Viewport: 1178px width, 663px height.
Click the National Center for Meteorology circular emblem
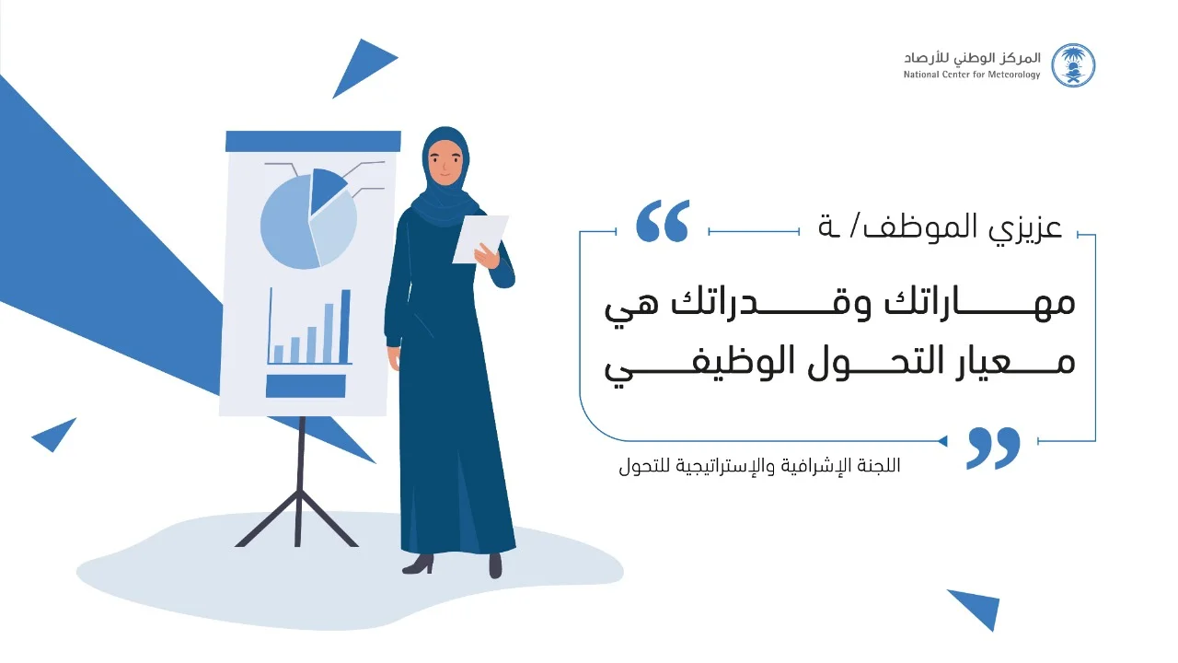tap(1073, 65)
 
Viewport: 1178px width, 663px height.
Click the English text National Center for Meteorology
tap(972, 75)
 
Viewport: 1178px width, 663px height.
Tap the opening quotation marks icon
tap(662, 220)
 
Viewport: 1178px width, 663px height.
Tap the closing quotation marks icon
tap(993, 448)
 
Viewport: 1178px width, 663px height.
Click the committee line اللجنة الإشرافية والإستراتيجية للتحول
tap(759, 466)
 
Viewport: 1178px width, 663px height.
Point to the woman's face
tap(445, 161)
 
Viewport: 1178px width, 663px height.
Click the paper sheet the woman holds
tap(480, 238)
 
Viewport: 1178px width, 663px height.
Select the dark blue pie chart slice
tap(325, 190)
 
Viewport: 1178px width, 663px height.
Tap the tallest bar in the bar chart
tap(345, 326)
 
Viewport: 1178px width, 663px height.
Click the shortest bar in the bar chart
tap(279, 355)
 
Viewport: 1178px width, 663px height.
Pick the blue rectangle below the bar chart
tap(306, 386)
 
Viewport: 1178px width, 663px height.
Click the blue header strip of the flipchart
tap(313, 141)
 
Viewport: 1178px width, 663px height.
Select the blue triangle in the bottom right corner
tap(978, 607)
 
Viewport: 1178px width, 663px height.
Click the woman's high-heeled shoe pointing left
tap(419, 564)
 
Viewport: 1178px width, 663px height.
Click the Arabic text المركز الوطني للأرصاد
tap(972, 58)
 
